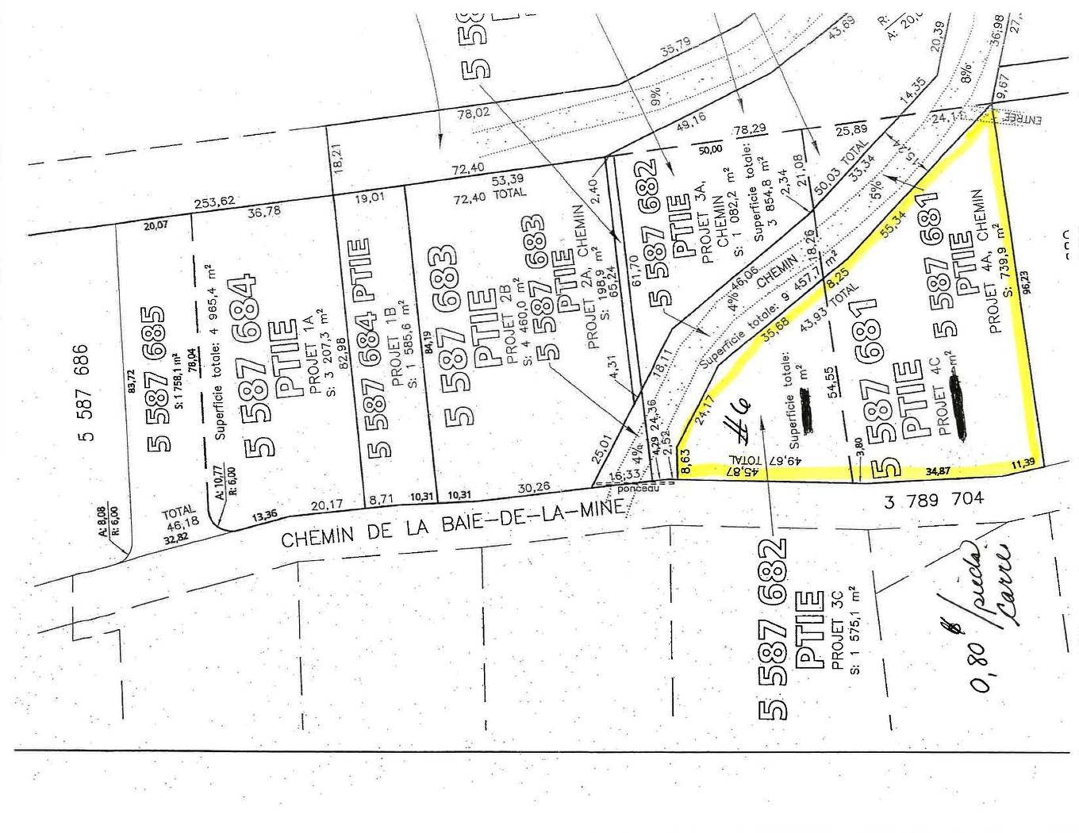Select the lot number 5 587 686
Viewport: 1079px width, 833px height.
(x=88, y=391)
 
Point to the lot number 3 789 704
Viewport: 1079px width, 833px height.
(x=934, y=499)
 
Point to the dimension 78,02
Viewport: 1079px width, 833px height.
(x=474, y=113)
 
